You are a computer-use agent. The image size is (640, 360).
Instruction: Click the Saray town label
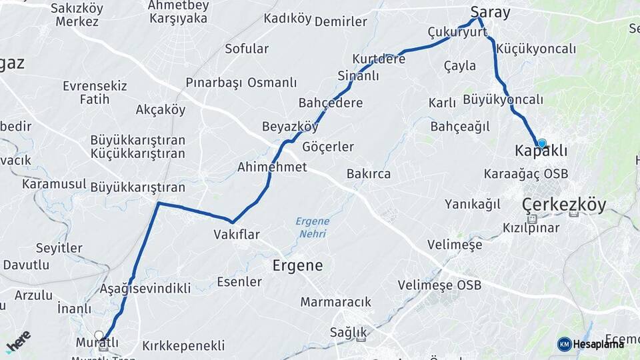pyautogui.click(x=490, y=12)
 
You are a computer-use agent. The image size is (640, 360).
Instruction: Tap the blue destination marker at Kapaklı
pyautogui.click(x=542, y=143)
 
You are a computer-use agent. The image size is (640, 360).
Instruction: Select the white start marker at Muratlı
pyautogui.click(x=99, y=336)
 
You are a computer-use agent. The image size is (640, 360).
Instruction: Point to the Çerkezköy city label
pyautogui.click(x=564, y=204)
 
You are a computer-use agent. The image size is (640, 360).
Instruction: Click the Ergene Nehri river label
pyautogui.click(x=313, y=227)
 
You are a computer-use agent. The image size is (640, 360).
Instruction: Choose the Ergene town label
pyautogui.click(x=297, y=265)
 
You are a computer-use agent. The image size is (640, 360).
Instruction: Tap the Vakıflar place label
pyautogui.click(x=237, y=234)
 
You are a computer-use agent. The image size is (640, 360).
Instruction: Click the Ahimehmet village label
pyautogui.click(x=272, y=167)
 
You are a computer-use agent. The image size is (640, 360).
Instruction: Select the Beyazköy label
pyautogui.click(x=290, y=126)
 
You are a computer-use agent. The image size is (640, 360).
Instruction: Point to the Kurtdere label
pyautogui.click(x=379, y=59)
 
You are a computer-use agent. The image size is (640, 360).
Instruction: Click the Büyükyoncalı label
pyautogui.click(x=503, y=99)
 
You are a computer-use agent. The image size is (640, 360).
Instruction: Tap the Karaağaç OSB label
pyautogui.click(x=526, y=173)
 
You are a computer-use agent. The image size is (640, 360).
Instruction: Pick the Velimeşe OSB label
pyautogui.click(x=439, y=285)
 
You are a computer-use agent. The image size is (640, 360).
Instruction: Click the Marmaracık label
pyautogui.click(x=335, y=302)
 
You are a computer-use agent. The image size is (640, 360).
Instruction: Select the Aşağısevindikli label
pyautogui.click(x=145, y=288)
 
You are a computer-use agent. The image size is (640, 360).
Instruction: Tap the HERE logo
pyautogui.click(x=19, y=341)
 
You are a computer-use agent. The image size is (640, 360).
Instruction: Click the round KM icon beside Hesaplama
pyautogui.click(x=564, y=344)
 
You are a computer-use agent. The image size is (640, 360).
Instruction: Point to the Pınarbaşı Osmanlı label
pyautogui.click(x=241, y=83)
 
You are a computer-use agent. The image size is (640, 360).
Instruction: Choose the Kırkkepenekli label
pyautogui.click(x=183, y=346)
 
